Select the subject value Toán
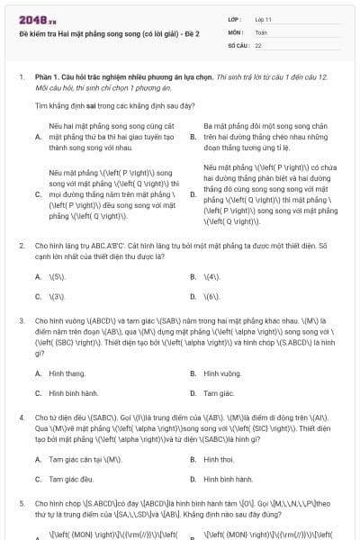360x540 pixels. coord(261,31)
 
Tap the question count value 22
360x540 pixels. coord(258,44)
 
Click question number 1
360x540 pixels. coord(21,77)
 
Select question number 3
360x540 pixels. coord(21,319)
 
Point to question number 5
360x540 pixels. coord(21,503)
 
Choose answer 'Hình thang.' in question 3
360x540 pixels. coord(67,373)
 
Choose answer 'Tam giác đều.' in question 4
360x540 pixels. coord(72,479)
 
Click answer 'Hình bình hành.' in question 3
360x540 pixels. coord(74,392)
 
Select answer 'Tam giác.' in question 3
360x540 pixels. coord(219,392)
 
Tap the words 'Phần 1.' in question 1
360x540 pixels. coord(47,77)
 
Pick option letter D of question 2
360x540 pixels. coord(193,295)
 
